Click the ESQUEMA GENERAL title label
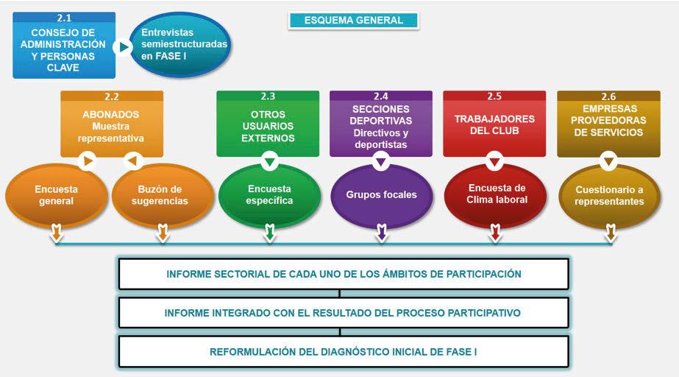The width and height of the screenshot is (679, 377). click(x=353, y=21)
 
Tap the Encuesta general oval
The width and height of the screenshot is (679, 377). click(x=56, y=195)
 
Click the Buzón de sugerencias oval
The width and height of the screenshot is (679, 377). click(x=163, y=195)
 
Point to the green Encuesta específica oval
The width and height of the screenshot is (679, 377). click(x=270, y=194)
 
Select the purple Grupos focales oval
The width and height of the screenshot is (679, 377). click(x=381, y=195)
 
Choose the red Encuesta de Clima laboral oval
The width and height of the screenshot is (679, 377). click(x=497, y=194)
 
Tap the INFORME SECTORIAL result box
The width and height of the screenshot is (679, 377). click(x=344, y=274)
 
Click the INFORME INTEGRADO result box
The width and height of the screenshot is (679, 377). click(x=344, y=313)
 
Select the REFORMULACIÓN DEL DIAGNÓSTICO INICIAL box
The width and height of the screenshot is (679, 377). click(x=344, y=352)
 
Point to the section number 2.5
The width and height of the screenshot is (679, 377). click(x=494, y=96)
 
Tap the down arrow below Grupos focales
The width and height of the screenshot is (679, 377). click(x=381, y=234)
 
